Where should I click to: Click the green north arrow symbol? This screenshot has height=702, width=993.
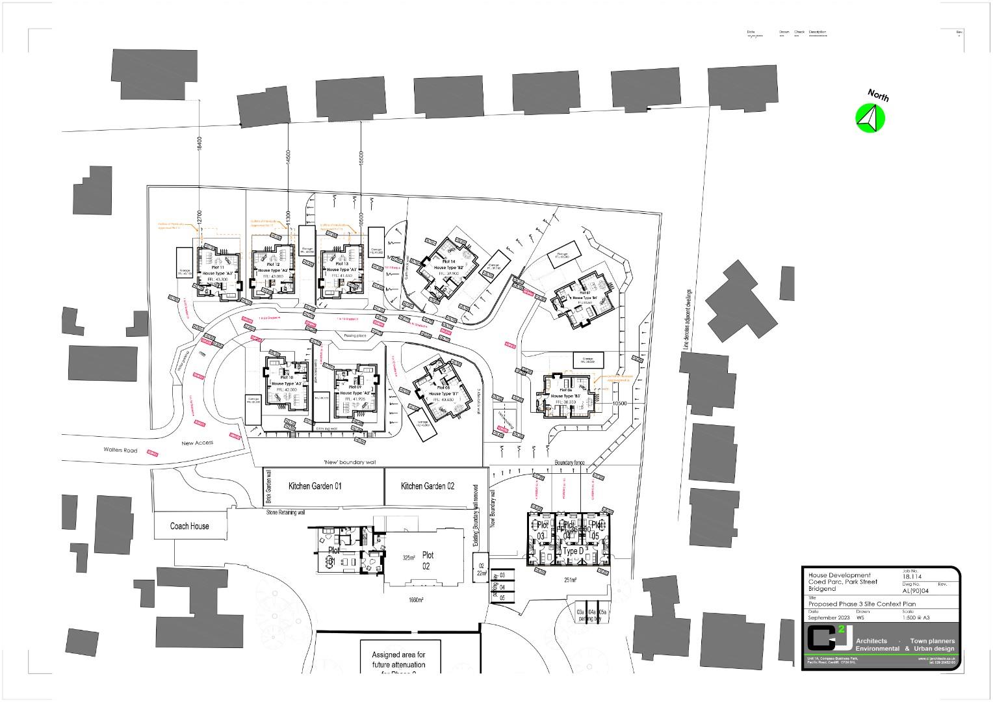(870, 118)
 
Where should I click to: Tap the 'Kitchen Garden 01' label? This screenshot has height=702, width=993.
(315, 486)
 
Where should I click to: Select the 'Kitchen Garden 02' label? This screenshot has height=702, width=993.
(428, 486)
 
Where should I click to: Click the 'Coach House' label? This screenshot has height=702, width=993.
(190, 526)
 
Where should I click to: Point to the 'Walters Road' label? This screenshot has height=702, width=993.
(120, 450)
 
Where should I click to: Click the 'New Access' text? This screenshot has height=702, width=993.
(197, 443)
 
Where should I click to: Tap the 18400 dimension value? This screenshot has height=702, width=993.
(199, 144)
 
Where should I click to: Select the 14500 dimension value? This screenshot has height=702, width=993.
(288, 160)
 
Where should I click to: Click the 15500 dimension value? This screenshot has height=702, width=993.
(361, 160)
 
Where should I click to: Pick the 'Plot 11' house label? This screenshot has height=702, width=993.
(218, 268)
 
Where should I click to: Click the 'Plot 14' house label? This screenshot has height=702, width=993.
(448, 261)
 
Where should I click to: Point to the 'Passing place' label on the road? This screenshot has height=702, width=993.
(355, 335)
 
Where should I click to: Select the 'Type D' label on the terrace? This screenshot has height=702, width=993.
(573, 551)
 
